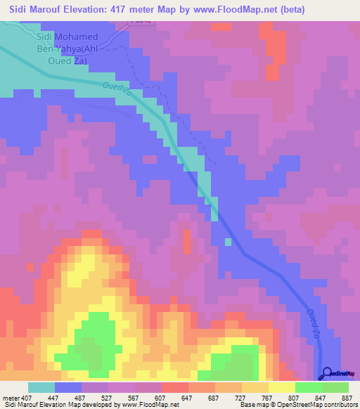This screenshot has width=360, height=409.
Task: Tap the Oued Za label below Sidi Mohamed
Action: (x=117, y=91)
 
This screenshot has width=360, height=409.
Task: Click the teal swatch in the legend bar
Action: (x=41, y=387)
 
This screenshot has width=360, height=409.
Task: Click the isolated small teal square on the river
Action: (x=228, y=242)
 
